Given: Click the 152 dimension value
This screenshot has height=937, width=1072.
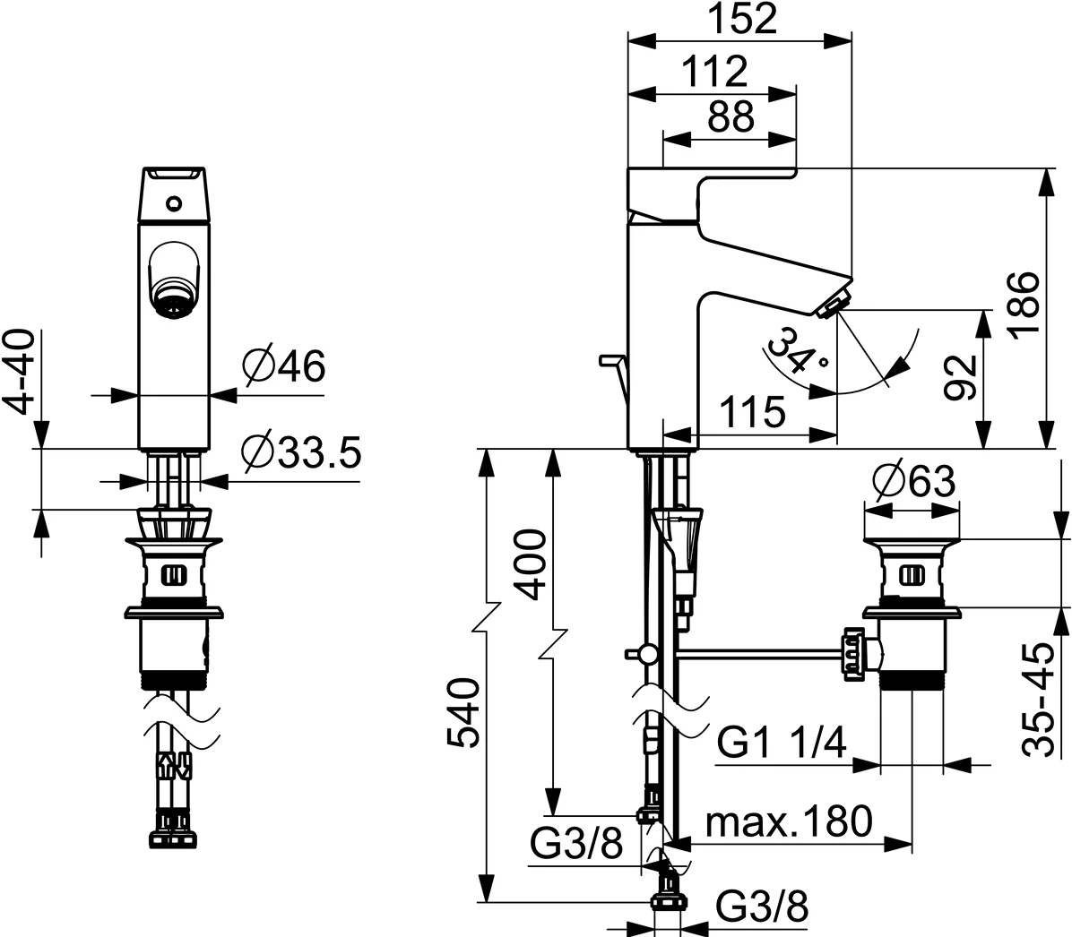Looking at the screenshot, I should click(739, 20).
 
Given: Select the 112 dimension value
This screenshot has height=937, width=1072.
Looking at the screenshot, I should click(713, 71).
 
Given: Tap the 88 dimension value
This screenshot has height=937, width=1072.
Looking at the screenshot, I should click(730, 116).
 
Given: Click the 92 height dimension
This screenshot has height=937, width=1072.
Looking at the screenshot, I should click(960, 379).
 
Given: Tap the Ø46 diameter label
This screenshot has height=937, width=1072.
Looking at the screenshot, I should click(283, 366).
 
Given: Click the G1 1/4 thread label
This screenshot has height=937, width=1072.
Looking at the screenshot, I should click(782, 744).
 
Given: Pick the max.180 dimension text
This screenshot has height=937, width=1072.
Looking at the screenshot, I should click(789, 821).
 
